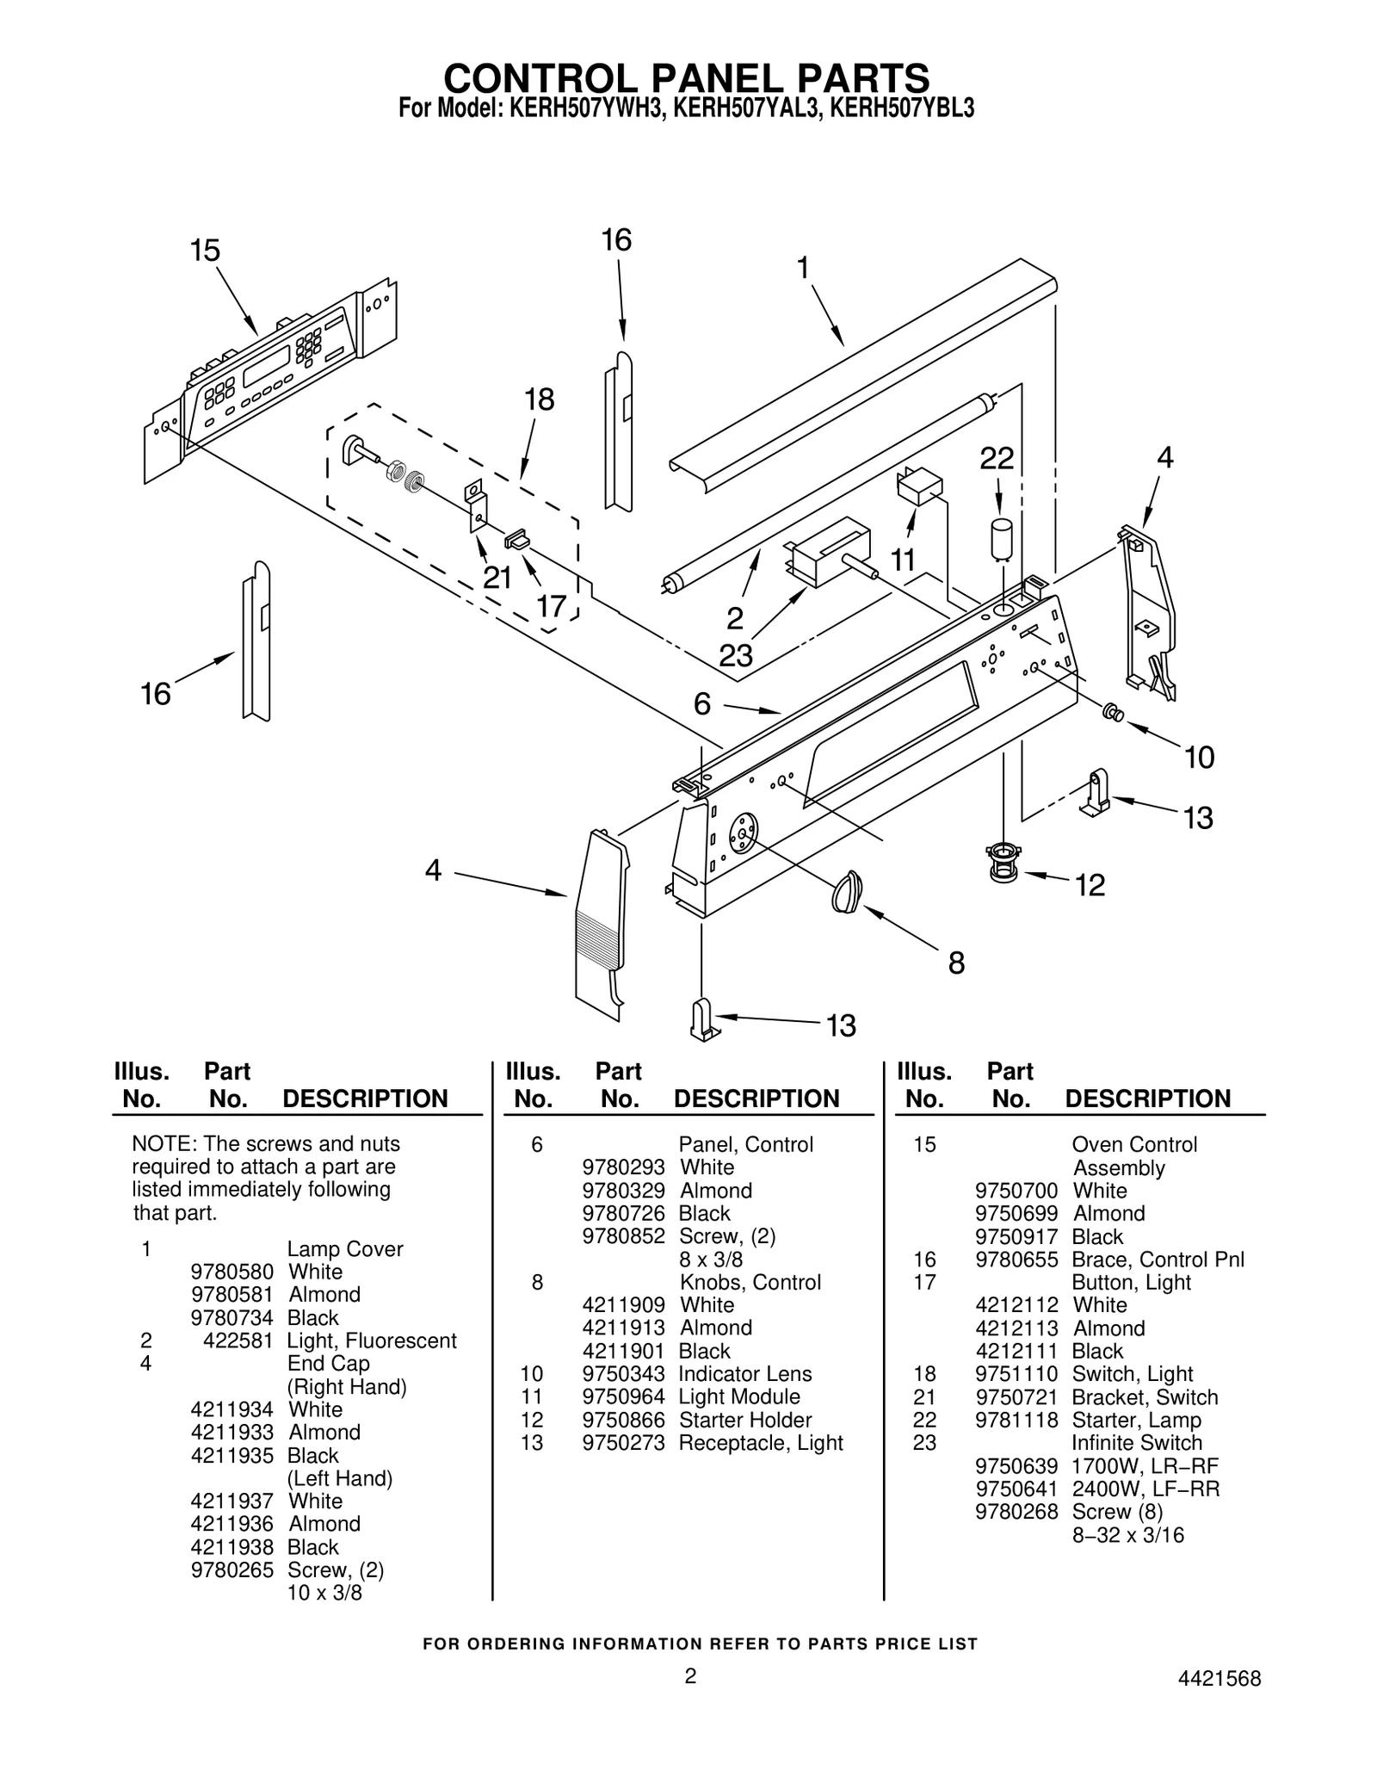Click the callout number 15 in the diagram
(205, 251)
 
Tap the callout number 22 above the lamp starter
(997, 458)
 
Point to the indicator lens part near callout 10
(1113, 712)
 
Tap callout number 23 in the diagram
(736, 656)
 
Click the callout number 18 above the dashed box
(540, 399)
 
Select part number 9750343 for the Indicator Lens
(623, 1374)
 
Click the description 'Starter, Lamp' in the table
(1136, 1420)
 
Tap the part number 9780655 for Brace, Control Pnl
(1016, 1260)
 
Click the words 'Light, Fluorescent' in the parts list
(371, 1340)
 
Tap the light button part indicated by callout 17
(516, 540)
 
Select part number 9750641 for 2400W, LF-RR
(1016, 1489)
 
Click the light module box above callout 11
(917, 486)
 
